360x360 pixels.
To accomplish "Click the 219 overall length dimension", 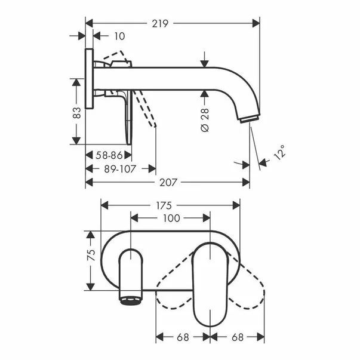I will pos(159,23).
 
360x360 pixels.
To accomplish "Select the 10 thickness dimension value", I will pos(119,36).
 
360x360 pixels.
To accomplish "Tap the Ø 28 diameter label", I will pos(205,120).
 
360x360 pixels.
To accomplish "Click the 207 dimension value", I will pos(168,182).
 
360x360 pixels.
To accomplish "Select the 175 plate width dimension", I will pos(172,205).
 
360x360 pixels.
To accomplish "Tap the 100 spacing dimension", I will pos(171,218).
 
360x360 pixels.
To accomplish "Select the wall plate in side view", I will pos(90,78).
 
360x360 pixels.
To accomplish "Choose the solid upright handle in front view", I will pos(210,281).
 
